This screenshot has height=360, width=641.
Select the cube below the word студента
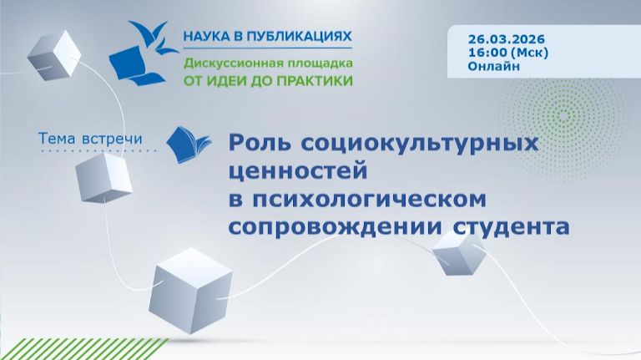(457, 252)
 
